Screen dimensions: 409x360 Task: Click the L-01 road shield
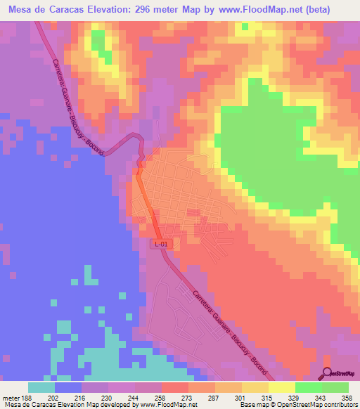click(x=161, y=243)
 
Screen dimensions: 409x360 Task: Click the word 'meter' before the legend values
click(x=12, y=397)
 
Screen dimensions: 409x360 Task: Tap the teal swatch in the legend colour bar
click(x=41, y=387)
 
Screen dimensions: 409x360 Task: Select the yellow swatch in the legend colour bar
click(x=281, y=387)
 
